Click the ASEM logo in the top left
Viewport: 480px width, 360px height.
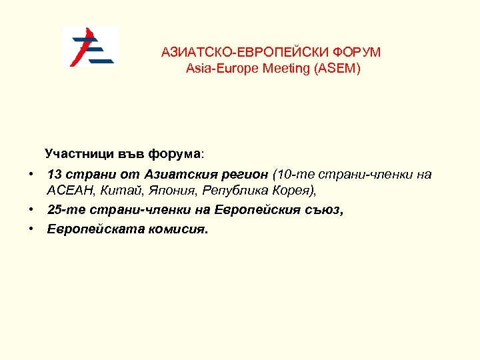91,46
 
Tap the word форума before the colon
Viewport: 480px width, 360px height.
175,154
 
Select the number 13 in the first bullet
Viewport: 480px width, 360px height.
55,175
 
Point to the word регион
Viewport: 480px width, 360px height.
246,175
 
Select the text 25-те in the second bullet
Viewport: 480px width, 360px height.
63,210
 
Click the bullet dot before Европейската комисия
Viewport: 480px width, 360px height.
31,228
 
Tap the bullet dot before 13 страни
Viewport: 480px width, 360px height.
31,173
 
